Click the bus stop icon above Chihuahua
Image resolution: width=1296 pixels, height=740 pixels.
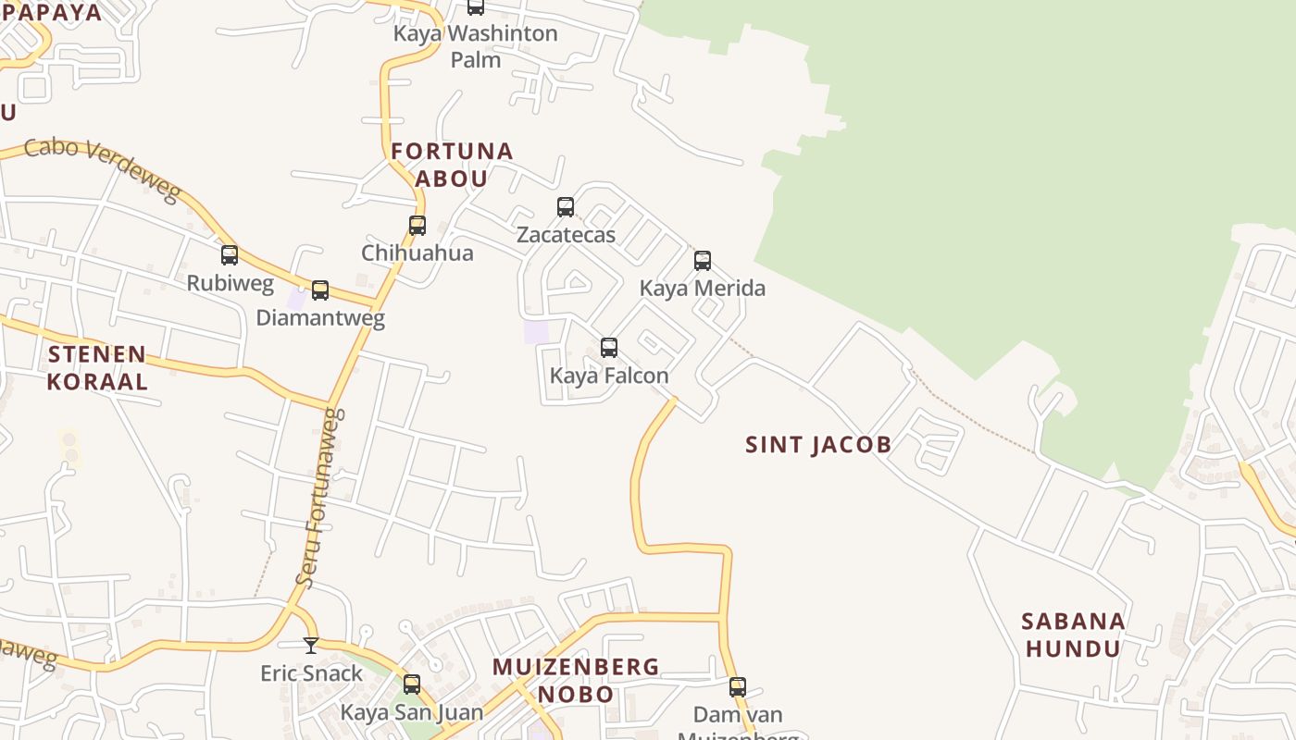(417, 225)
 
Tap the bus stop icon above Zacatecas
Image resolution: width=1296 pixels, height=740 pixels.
(566, 206)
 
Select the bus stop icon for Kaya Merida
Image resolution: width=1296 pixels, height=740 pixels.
(703, 260)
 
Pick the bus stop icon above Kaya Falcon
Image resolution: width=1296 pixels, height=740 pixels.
(609, 347)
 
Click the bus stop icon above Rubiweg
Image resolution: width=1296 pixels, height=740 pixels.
(230, 254)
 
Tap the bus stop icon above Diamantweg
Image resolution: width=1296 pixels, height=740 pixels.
(320, 290)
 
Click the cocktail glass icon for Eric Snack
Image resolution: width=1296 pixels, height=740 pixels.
(311, 645)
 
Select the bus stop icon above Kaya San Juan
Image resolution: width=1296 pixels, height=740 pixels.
(412, 684)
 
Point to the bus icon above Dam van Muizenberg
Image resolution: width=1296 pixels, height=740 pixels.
(738, 686)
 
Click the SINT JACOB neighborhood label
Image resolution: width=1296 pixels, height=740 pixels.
(818, 445)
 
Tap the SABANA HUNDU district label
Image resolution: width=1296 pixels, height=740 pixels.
(1073, 635)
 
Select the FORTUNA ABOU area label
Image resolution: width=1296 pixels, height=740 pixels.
(452, 165)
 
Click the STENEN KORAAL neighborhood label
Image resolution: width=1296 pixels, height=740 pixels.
(97, 367)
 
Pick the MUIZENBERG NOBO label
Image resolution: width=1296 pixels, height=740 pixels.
(576, 680)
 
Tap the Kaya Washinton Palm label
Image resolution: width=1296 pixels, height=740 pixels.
(476, 46)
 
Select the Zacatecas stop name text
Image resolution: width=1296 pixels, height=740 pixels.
(566, 235)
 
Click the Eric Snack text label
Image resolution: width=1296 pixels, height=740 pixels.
(311, 673)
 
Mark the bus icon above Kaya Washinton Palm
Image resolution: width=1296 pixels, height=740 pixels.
(476, 6)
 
